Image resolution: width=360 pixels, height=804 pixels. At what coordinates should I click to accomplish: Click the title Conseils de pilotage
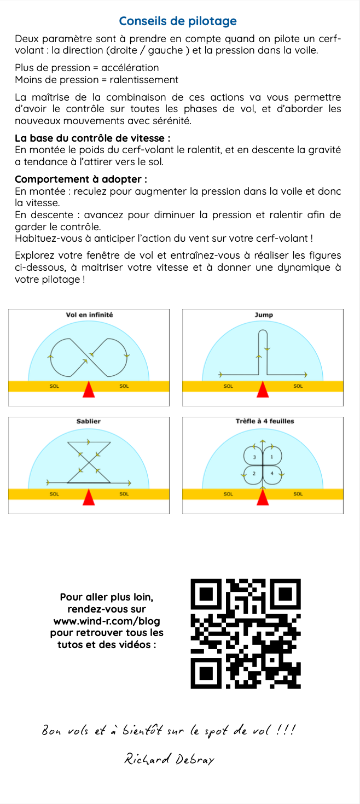click(x=178, y=21)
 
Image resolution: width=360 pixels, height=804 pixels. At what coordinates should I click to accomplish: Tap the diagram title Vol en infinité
click(x=89, y=314)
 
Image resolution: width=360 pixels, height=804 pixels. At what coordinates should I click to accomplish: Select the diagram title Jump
click(x=263, y=314)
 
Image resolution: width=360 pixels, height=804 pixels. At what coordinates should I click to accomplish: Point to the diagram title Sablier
click(x=89, y=421)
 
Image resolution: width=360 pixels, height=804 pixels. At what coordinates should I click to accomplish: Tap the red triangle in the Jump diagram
click(x=263, y=389)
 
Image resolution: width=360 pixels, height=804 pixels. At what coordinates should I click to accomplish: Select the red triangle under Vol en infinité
click(x=89, y=389)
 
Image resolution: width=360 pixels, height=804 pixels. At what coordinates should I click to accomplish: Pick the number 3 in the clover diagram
click(x=254, y=457)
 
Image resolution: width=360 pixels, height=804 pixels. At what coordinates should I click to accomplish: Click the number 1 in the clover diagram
click(x=272, y=457)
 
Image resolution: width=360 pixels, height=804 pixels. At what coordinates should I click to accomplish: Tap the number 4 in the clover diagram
click(x=272, y=473)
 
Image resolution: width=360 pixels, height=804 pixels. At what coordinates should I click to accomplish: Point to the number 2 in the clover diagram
click(x=254, y=473)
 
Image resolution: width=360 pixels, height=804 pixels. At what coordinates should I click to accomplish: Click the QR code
click(x=246, y=633)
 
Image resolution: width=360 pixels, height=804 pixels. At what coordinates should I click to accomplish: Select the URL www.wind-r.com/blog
click(x=107, y=621)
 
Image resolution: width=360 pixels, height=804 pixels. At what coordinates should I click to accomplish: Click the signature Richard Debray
click(x=169, y=760)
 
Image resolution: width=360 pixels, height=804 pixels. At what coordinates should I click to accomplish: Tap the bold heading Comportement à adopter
click(x=81, y=179)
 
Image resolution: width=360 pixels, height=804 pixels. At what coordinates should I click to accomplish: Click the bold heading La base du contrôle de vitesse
click(x=92, y=138)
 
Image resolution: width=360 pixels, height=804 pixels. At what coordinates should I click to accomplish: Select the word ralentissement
click(x=144, y=80)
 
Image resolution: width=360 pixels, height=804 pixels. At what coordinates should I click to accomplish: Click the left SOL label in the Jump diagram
click(x=228, y=386)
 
